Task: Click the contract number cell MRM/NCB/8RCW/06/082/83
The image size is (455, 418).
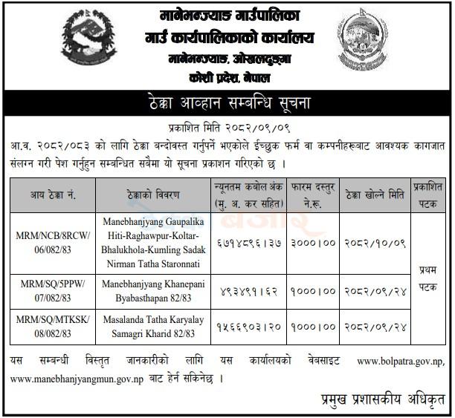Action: click(54, 243)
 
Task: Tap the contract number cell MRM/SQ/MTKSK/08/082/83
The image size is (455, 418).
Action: click(54, 327)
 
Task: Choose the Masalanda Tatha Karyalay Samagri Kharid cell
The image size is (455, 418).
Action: click(153, 327)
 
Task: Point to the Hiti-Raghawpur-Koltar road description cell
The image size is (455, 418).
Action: click(153, 243)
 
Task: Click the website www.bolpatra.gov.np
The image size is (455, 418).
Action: click(402, 362)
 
